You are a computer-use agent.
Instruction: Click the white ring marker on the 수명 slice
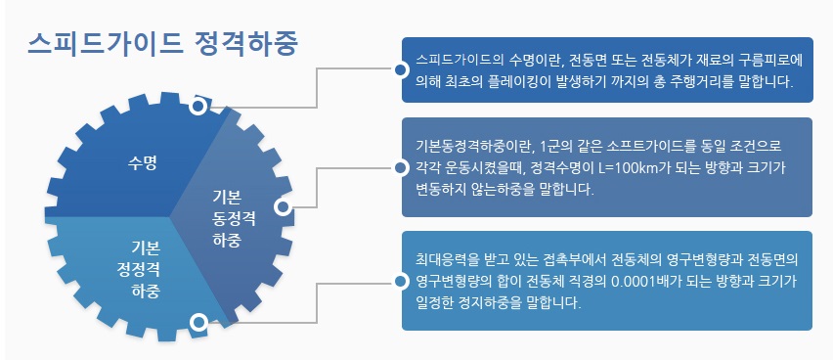point(198,107)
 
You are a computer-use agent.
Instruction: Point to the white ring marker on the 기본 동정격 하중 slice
point(284,207)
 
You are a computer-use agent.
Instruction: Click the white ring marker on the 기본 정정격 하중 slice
point(199,320)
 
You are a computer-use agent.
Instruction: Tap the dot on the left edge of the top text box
point(401,69)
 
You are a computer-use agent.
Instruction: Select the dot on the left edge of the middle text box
point(401,167)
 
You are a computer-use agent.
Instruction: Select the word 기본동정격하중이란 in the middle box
point(473,147)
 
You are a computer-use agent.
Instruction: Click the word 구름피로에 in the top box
point(768,61)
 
